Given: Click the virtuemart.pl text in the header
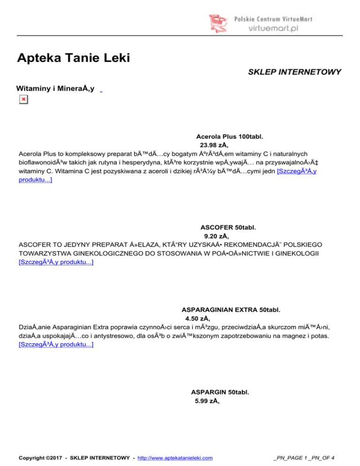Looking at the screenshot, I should point(280,28).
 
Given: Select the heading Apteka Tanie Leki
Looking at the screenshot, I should point(73,59).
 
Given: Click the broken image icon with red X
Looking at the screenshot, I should point(23,99).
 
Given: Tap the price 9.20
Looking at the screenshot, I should point(217,236).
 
